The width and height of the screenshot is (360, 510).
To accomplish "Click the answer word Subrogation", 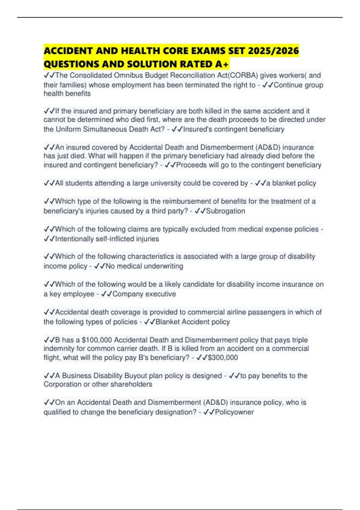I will click(x=225, y=211).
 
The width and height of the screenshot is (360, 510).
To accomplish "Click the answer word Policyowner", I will click(x=234, y=412).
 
